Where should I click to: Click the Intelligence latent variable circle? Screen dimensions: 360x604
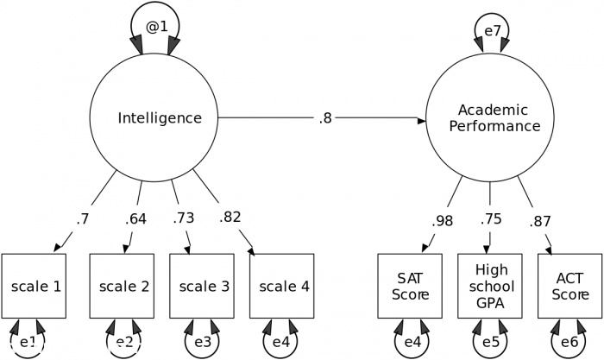(159, 118)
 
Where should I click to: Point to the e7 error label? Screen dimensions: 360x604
(493, 32)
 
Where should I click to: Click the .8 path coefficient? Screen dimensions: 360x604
(325, 118)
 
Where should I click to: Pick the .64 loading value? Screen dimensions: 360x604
(135, 218)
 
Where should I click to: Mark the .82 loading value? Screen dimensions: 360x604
(230, 218)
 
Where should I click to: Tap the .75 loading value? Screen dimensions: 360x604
(490, 219)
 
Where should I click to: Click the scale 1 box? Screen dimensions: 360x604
(35, 286)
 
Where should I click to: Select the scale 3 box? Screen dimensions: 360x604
(201, 286)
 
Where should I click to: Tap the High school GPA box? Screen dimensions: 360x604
(490, 286)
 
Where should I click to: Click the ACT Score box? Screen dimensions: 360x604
(569, 286)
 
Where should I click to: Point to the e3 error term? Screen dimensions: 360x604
(202, 342)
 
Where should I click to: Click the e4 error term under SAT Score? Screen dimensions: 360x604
(412, 342)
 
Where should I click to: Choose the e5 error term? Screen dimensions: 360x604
(490, 342)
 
